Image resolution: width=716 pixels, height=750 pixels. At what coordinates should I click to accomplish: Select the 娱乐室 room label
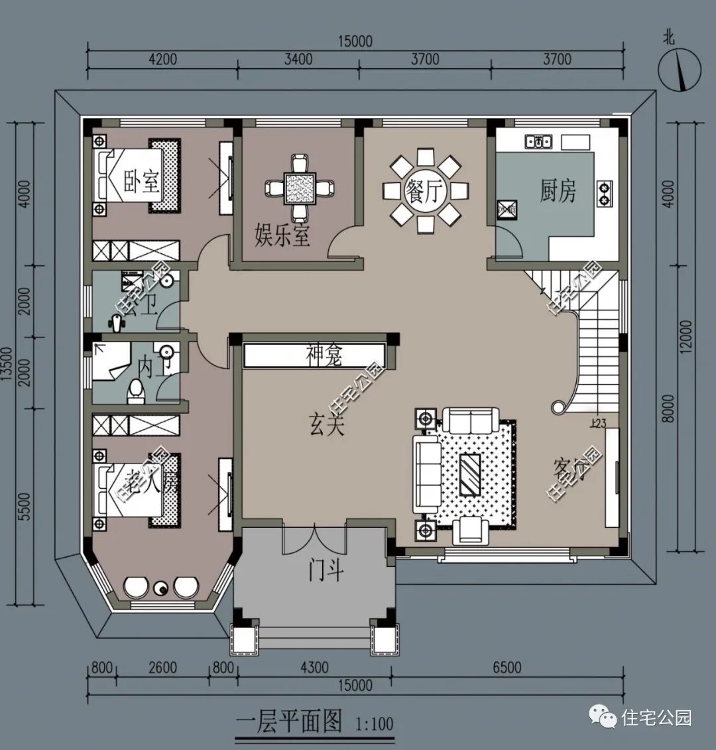tap(282, 235)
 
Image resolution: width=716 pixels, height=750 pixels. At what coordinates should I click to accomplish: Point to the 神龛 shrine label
tap(324, 355)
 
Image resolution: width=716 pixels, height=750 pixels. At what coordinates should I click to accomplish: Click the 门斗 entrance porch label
tap(326, 569)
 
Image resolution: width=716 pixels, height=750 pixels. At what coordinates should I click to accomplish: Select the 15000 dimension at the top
tap(355, 41)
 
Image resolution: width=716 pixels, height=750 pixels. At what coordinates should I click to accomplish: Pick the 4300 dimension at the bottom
tap(314, 667)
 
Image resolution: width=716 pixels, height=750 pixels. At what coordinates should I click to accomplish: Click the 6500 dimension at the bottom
tap(507, 667)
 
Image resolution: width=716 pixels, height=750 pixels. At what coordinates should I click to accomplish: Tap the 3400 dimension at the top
tap(298, 59)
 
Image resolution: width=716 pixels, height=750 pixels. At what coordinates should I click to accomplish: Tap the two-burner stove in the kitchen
tap(605, 192)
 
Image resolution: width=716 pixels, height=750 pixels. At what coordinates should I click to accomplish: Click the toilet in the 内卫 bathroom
tap(136, 391)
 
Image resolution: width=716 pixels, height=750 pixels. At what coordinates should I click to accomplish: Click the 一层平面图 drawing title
tap(289, 721)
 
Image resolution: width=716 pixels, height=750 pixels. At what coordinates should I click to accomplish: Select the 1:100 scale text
tap(375, 723)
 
